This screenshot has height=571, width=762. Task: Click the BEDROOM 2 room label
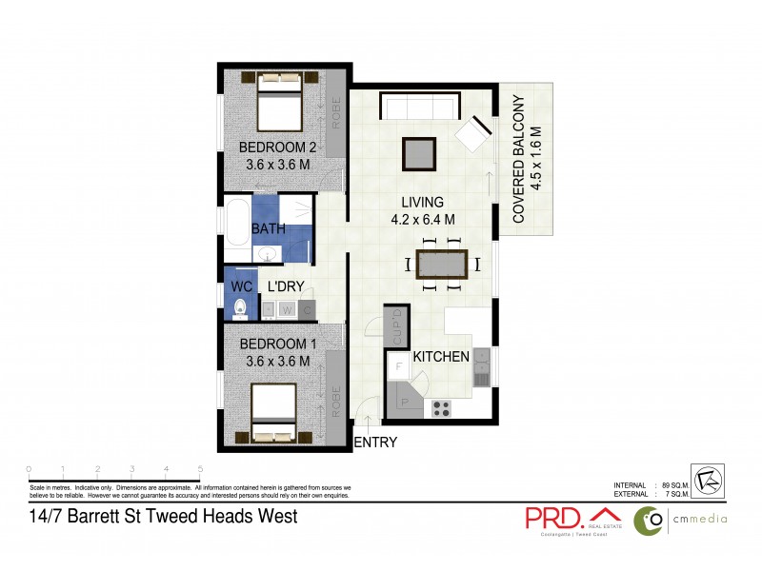277,148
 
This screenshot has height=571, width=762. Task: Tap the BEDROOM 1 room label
277,343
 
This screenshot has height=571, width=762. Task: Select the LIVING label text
422,202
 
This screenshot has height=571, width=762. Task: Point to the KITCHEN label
441,357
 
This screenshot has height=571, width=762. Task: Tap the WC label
240,285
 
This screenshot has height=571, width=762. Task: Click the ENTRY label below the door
375,443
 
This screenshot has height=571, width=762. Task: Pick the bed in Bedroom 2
279,105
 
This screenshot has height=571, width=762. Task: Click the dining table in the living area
444,264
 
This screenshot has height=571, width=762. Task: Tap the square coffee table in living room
420,153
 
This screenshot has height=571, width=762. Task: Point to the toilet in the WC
240,307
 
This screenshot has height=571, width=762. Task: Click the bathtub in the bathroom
236,229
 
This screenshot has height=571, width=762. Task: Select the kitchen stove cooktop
442,409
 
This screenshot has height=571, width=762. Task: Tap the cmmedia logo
681,519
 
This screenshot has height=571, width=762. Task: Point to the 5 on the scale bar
200,469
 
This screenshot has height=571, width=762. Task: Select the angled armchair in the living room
473,134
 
